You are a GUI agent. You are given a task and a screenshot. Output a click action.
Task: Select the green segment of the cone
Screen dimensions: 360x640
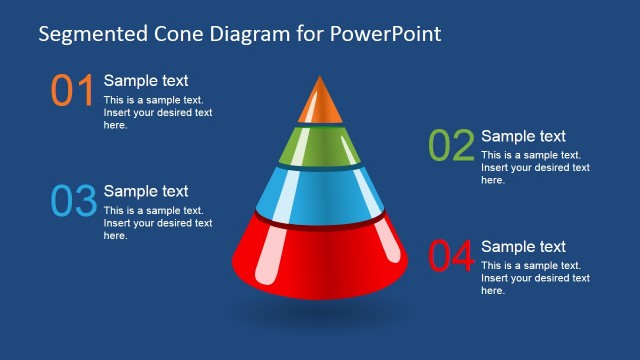pyautogui.click(x=319, y=146)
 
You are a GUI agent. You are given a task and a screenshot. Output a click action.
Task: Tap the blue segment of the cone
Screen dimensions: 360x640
pyautogui.click(x=319, y=192)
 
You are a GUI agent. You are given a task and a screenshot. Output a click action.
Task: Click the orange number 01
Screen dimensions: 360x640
pyautogui.click(x=72, y=91)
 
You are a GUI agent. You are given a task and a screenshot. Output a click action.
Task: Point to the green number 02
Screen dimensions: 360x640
pyautogui.click(x=450, y=146)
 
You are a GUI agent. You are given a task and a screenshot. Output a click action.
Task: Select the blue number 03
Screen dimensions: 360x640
pyautogui.click(x=73, y=201)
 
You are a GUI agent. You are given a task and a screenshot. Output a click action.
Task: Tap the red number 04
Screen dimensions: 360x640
pyautogui.click(x=450, y=256)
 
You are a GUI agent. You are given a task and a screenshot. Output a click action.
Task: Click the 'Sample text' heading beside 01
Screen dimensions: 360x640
pyautogui.click(x=146, y=81)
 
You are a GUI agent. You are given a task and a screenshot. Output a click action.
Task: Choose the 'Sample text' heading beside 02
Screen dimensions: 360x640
pyautogui.click(x=523, y=136)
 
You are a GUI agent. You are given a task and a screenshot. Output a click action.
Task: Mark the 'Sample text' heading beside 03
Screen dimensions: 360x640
pyautogui.click(x=146, y=191)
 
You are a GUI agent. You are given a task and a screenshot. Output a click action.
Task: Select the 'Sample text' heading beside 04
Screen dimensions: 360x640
pyautogui.click(x=523, y=246)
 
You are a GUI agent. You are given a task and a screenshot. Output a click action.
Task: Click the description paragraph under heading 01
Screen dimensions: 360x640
pyautogui.click(x=158, y=112)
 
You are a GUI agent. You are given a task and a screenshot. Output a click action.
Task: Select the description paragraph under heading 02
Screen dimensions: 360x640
pyautogui.click(x=535, y=167)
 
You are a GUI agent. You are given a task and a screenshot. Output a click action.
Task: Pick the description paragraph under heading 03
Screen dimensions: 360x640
pyautogui.click(x=158, y=223)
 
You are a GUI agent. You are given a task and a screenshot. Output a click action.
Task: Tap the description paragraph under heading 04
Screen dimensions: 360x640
pyautogui.click(x=535, y=277)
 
